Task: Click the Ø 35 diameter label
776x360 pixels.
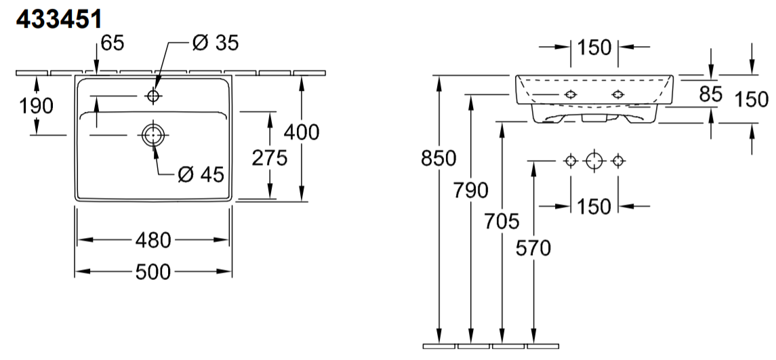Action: click(216, 43)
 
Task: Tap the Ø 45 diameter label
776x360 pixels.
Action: click(201, 174)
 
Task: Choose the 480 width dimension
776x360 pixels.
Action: click(153, 240)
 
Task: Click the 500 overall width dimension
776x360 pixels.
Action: click(153, 272)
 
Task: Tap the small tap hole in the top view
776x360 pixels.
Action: click(153, 97)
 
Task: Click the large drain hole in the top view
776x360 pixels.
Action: click(153, 135)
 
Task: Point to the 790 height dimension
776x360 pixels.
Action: click(471, 190)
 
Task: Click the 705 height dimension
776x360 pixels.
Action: click(502, 220)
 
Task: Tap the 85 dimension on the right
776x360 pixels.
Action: click(710, 95)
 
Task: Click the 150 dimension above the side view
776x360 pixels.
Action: click(594, 47)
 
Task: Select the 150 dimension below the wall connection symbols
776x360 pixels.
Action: click(594, 206)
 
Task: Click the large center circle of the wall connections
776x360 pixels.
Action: click(594, 161)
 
